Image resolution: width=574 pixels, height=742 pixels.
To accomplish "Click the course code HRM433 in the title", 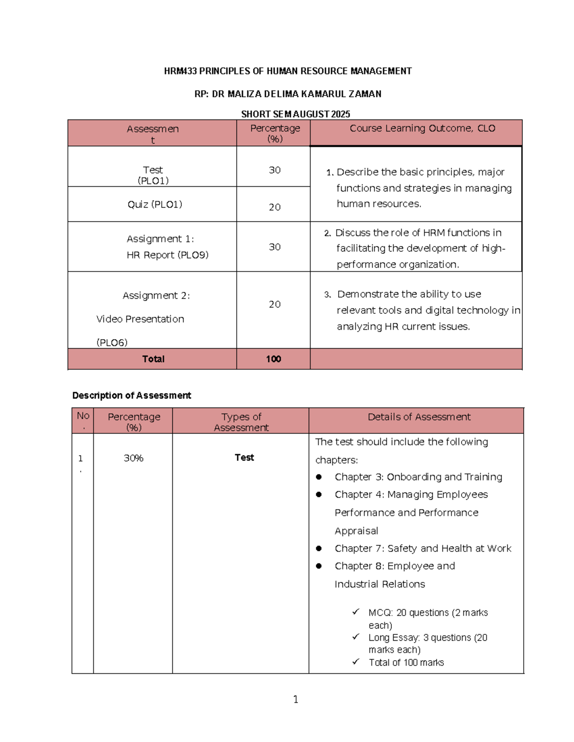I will [180, 71].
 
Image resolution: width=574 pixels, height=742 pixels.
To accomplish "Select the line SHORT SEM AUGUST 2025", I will [295, 114].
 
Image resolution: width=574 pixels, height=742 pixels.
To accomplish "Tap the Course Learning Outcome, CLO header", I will [422, 129].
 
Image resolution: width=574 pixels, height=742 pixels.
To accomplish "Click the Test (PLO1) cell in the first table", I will [153, 175].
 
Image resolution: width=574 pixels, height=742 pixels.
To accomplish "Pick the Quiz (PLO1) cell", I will [155, 204].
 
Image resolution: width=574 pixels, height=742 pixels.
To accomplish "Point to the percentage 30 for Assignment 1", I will [275, 247].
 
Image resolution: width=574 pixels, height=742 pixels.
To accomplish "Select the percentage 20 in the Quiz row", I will [275, 207].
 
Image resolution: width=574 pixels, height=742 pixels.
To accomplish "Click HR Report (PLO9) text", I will [167, 255].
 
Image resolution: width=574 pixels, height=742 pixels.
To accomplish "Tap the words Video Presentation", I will [140, 319].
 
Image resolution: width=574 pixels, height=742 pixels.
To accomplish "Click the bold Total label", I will [153, 359].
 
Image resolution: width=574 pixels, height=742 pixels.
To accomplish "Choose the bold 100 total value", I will [274, 359].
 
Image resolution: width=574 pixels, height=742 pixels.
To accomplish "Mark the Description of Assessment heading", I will [132, 396].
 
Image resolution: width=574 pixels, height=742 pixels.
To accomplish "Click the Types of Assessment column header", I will [241, 422].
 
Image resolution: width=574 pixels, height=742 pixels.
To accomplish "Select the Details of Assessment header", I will [419, 417].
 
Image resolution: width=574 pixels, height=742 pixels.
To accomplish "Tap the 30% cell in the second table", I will [133, 458].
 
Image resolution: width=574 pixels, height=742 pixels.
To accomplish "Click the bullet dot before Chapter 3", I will [319, 477].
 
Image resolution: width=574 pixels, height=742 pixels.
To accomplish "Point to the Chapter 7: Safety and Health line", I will [423, 548].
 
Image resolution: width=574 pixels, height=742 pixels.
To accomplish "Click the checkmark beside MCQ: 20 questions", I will [356, 612].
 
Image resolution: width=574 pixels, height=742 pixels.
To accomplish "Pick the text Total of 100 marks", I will [406, 663].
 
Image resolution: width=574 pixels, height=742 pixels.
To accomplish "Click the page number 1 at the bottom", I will [296, 700].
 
